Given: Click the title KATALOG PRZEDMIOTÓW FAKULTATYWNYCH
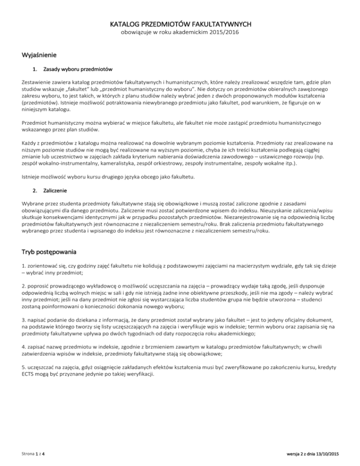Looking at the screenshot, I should (180, 24).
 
